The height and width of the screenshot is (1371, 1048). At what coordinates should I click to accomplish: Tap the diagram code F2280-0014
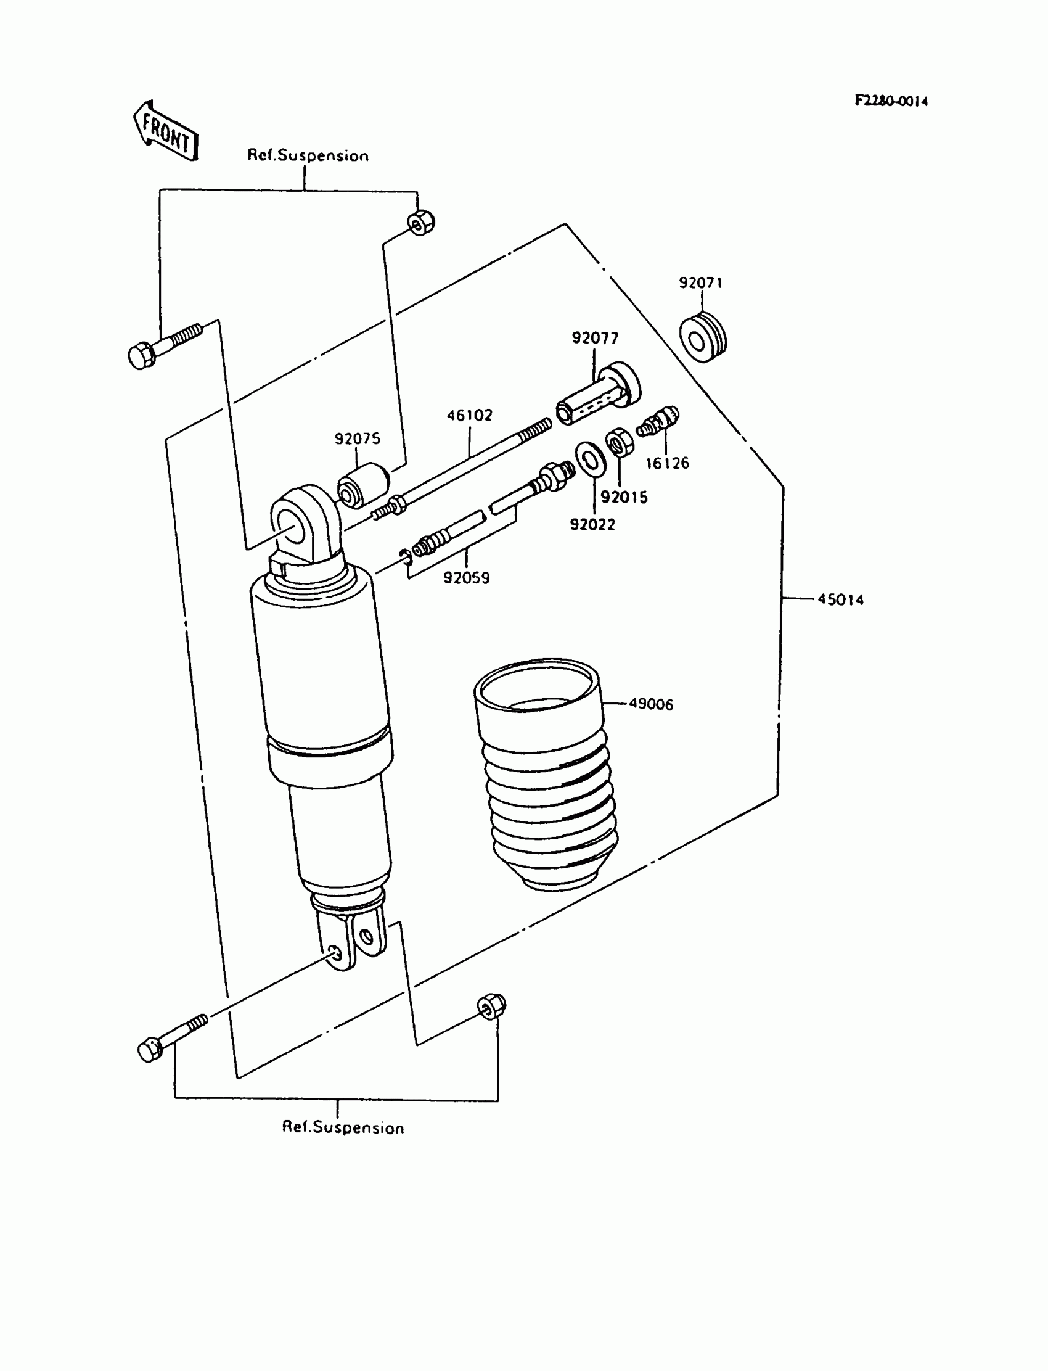coord(891,101)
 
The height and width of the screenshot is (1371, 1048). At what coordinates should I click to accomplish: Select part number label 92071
coord(700,282)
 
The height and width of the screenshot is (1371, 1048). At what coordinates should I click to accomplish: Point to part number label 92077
coord(595,338)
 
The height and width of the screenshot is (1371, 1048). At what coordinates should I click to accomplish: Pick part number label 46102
coord(469,415)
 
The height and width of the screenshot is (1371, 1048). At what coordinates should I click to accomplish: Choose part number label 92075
coord(357,438)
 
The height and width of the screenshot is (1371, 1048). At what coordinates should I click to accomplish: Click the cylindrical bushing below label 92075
coord(363,485)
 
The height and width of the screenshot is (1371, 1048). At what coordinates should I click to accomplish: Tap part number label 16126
coord(667,463)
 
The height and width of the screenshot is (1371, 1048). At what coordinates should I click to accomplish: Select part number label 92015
coord(624,496)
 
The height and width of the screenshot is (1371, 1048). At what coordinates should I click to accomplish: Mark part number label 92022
coord(592,525)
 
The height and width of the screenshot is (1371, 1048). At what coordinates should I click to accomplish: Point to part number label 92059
coord(466,578)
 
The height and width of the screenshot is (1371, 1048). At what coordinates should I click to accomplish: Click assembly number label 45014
coord(840,599)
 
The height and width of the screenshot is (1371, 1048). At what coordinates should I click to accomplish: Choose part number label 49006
coord(650,704)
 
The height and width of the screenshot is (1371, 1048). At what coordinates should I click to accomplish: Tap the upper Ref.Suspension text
coord(308,155)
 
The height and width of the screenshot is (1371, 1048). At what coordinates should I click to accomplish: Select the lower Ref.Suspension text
coord(343,1127)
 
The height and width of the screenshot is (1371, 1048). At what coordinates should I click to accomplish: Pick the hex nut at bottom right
coord(491,1007)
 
